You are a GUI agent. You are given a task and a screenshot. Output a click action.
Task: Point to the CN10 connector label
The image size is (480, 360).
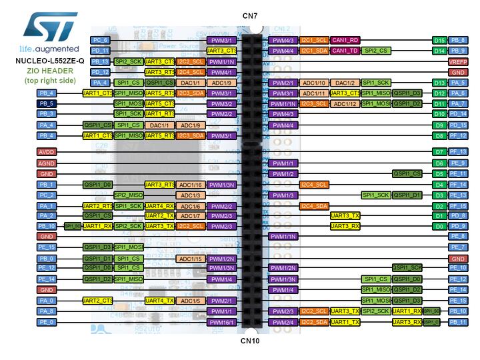[x=251, y=340]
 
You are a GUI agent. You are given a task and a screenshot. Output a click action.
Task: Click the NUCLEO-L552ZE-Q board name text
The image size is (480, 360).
[x=50, y=61]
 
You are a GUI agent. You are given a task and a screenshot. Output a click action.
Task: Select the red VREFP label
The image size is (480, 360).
[x=457, y=61]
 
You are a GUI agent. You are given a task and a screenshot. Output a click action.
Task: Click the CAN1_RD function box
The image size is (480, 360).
[x=345, y=40]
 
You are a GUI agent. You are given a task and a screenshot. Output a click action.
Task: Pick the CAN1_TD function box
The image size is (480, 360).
[x=345, y=51]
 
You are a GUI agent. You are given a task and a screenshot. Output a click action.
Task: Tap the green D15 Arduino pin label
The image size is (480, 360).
[x=439, y=40]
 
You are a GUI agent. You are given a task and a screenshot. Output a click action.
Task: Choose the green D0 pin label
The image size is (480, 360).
[x=439, y=226]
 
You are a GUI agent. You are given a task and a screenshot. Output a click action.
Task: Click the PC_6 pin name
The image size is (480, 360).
[x=100, y=40]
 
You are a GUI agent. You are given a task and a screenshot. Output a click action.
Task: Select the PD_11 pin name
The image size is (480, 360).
[x=100, y=51]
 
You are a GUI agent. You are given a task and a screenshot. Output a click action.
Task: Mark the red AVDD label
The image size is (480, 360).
[x=46, y=152]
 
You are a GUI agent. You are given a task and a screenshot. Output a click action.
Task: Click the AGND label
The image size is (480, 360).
[x=46, y=163]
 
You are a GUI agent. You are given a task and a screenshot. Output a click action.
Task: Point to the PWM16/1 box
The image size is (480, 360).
[x=221, y=322]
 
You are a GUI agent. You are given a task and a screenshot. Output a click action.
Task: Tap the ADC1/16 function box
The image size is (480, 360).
[x=190, y=185]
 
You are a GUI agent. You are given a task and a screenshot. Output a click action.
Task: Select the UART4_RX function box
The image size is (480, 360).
[x=159, y=206]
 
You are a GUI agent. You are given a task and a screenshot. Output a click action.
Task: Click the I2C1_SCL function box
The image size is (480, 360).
[x=313, y=40]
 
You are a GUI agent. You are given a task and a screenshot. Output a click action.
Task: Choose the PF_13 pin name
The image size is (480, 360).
[x=457, y=152]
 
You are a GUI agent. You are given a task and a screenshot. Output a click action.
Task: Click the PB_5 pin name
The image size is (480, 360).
[x=46, y=104]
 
